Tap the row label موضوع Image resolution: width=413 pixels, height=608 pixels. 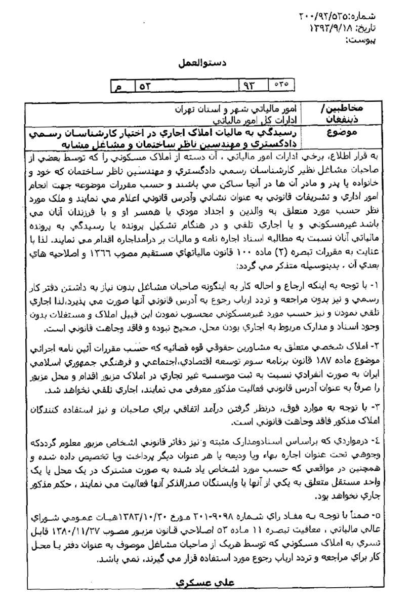coord(360,134)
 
